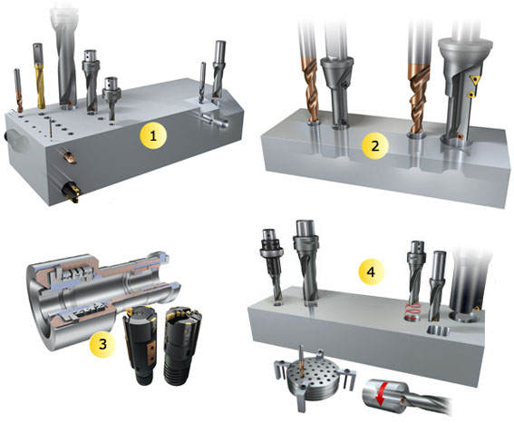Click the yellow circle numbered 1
pyautogui.click(x=153, y=135)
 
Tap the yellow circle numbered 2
pyautogui.click(x=375, y=146)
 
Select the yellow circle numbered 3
pyautogui.click(x=102, y=344)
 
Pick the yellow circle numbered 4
pyautogui.click(x=371, y=271)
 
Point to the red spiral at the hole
pyautogui.click(x=413, y=311)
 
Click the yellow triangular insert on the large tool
pyautogui.click(x=474, y=80)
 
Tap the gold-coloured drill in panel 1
pyautogui.click(x=39, y=76)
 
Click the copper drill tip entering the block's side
pyautogui.click(x=69, y=156)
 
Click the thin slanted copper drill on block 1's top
pyautogui.click(x=51, y=129)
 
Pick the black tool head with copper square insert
pyautogui.click(x=140, y=345)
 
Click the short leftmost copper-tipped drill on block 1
pyautogui.click(x=18, y=90)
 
